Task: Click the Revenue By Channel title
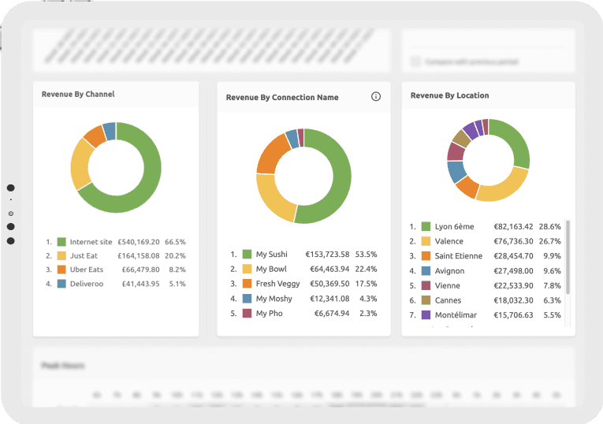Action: tap(78, 95)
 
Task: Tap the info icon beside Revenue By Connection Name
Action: tap(375, 97)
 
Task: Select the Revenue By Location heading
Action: tap(449, 95)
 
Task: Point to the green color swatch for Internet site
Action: tap(61, 242)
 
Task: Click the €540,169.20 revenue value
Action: tap(139, 242)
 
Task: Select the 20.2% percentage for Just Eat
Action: tap(175, 256)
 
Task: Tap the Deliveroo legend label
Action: tap(86, 284)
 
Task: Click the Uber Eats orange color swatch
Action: tap(61, 270)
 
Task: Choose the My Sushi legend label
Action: tap(271, 255)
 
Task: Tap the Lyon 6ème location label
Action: tap(454, 226)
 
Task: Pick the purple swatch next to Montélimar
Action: tap(426, 315)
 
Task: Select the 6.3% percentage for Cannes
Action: tap(549, 300)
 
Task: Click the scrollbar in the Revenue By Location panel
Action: tap(568, 260)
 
